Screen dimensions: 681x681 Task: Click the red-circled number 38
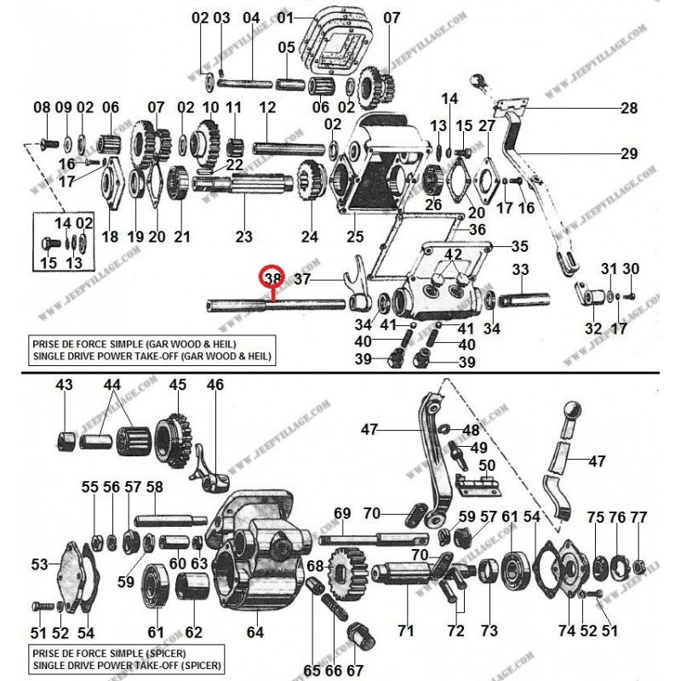[x=272, y=278]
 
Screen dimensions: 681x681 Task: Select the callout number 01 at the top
[x=285, y=17]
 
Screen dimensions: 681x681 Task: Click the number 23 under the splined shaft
[x=244, y=237]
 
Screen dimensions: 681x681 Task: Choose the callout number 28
[x=629, y=108]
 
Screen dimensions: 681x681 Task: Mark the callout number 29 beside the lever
[x=629, y=153]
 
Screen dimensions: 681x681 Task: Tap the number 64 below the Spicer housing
[x=255, y=632]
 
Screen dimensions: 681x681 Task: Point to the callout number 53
[x=40, y=564]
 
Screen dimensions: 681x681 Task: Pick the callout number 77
[x=638, y=518]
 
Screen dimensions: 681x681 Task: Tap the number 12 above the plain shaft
[x=268, y=108]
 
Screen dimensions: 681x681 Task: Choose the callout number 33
[x=521, y=270]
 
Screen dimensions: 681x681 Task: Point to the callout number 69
[x=342, y=513]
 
